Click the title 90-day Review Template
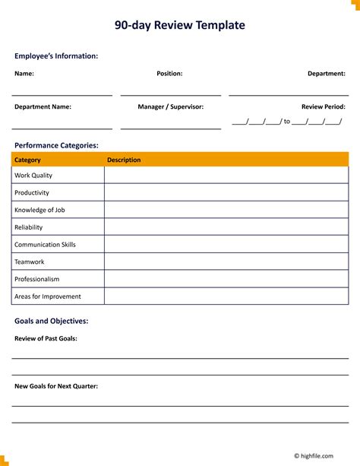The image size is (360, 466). pos(180,25)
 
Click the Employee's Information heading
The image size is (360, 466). pos(56,55)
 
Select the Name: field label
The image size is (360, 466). pos(24,74)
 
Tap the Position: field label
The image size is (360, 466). pos(169,74)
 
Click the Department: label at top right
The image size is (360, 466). pos(326,74)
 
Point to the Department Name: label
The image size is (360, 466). pos(43,107)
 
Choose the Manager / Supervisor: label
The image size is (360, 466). pos(170,107)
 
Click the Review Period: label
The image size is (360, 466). pos(324,107)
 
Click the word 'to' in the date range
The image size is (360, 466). pos(287,122)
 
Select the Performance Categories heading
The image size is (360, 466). pos(56,144)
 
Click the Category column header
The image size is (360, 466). pos(27,160)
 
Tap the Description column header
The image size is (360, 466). pos(124,160)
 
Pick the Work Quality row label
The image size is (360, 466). pos(33,176)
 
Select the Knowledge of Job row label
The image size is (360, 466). pos(39,210)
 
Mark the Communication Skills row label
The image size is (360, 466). pos(45,245)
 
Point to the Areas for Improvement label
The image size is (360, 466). pos(47,296)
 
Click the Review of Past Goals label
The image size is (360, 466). pos(46,338)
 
